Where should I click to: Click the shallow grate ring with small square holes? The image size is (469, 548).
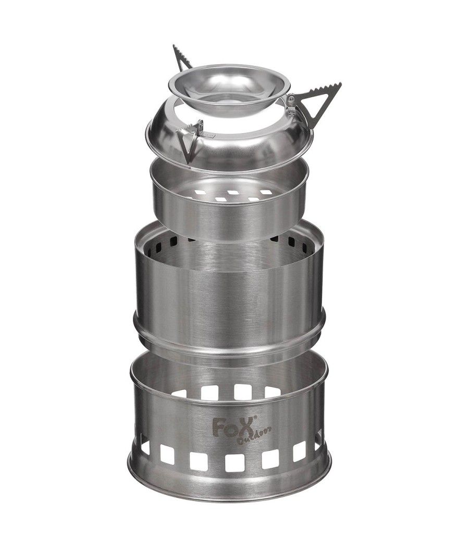229,210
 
